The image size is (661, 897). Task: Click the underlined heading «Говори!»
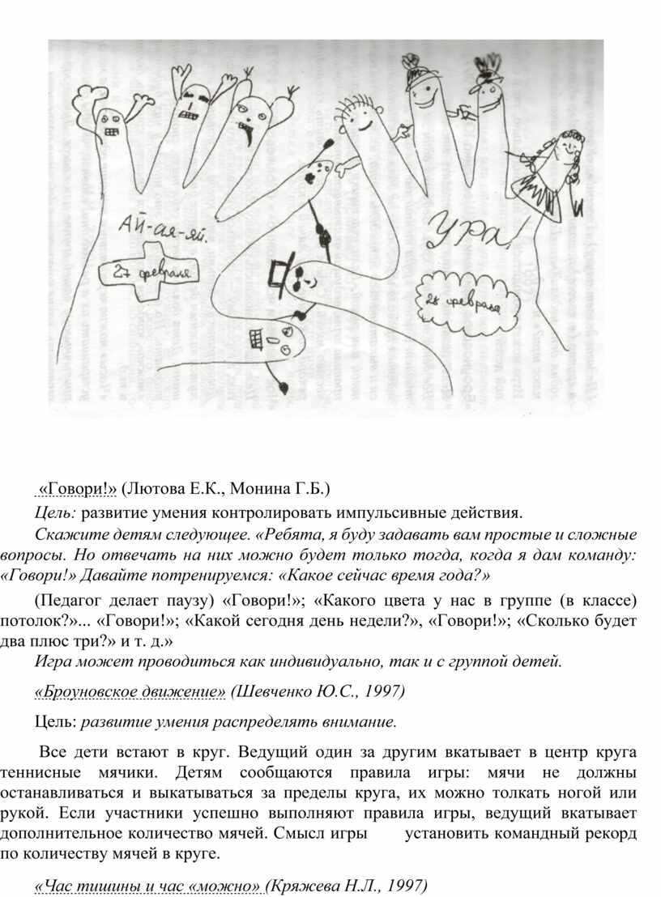click(x=79, y=489)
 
